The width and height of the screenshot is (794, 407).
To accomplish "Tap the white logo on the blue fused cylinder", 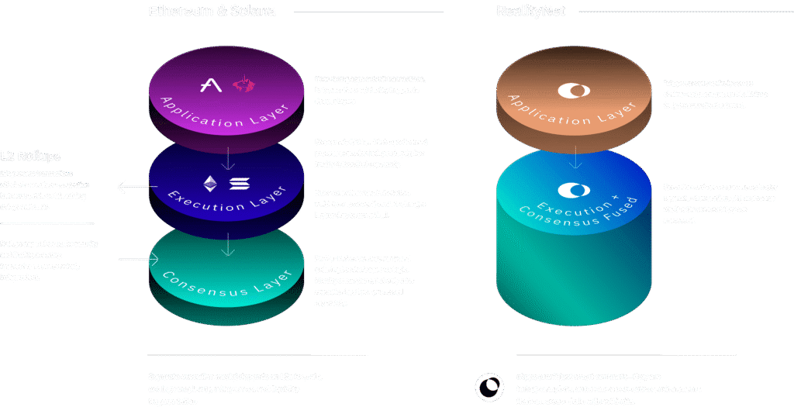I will coord(574,190).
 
